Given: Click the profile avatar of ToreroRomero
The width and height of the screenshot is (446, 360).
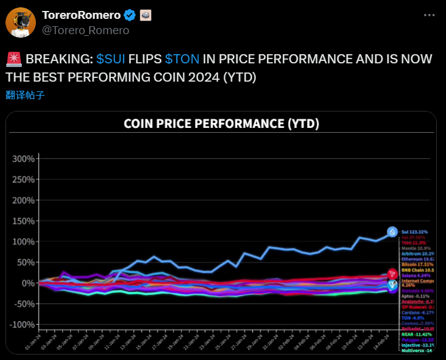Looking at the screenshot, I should point(20,23).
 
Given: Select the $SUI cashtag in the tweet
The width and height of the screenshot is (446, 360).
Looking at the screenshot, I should point(111,60).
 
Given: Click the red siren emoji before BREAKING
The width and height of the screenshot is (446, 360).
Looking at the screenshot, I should point(14,60).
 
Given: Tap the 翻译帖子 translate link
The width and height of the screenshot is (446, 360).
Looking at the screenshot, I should point(25,95).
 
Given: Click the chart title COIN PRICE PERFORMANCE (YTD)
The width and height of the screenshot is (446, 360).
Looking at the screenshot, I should point(221,124).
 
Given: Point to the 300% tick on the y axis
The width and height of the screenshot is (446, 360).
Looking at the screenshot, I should point(23,159).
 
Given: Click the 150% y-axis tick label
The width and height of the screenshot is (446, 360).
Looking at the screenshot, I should point(23,221).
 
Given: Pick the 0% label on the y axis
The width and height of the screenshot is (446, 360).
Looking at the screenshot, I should point(27,283).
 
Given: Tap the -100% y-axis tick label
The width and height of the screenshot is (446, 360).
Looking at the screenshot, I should point(21,325).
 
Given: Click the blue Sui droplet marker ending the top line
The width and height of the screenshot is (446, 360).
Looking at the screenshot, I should point(392,232).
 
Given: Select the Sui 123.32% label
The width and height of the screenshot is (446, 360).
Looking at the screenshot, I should point(414,232).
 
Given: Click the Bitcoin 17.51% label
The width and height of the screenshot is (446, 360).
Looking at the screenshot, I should point(417,264).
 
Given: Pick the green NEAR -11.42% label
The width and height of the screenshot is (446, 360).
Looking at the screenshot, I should point(416,334).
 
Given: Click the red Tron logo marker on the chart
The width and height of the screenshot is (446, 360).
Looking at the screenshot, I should point(392,275).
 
